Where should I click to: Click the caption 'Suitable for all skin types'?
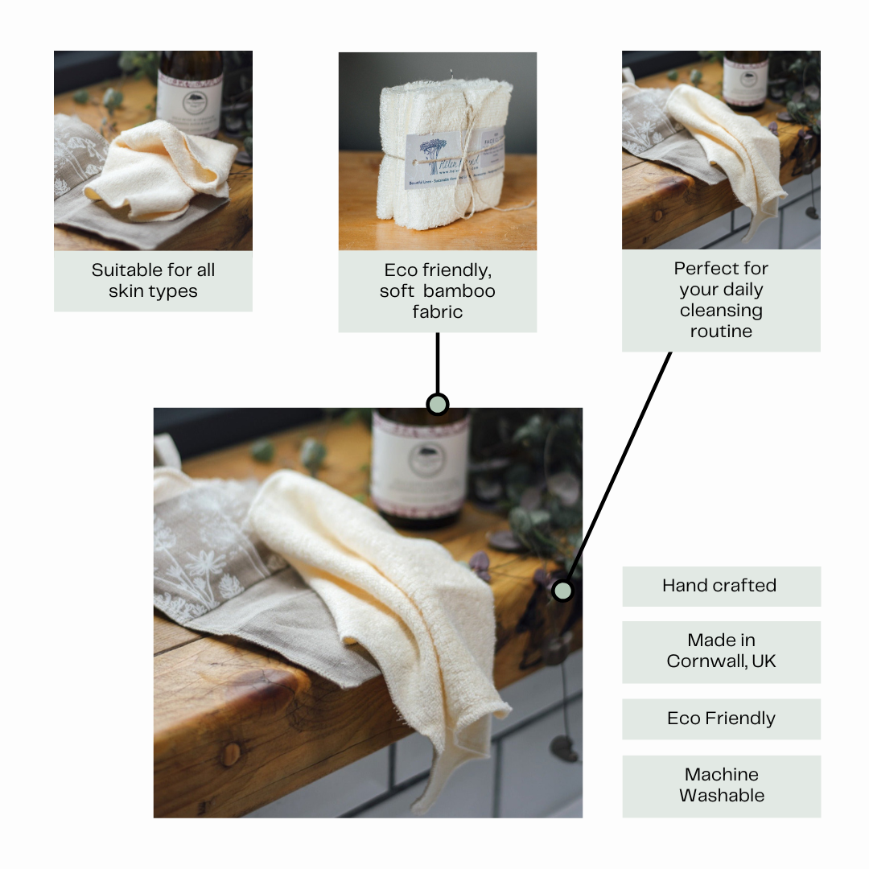tap(153, 281)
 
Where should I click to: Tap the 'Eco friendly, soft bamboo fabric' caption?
tap(437, 291)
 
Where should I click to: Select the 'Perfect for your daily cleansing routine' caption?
tap(721, 300)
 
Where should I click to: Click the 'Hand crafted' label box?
tap(720, 586)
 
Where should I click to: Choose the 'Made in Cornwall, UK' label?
tap(721, 652)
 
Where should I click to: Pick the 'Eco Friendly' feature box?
tap(721, 719)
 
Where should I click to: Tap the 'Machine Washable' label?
tap(721, 785)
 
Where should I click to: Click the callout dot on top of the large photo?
tap(437, 404)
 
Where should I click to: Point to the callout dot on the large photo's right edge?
tap(562, 591)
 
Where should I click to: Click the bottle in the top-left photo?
tap(191, 93)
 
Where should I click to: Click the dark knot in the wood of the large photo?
tap(232, 753)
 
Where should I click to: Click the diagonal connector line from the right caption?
tap(620, 467)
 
